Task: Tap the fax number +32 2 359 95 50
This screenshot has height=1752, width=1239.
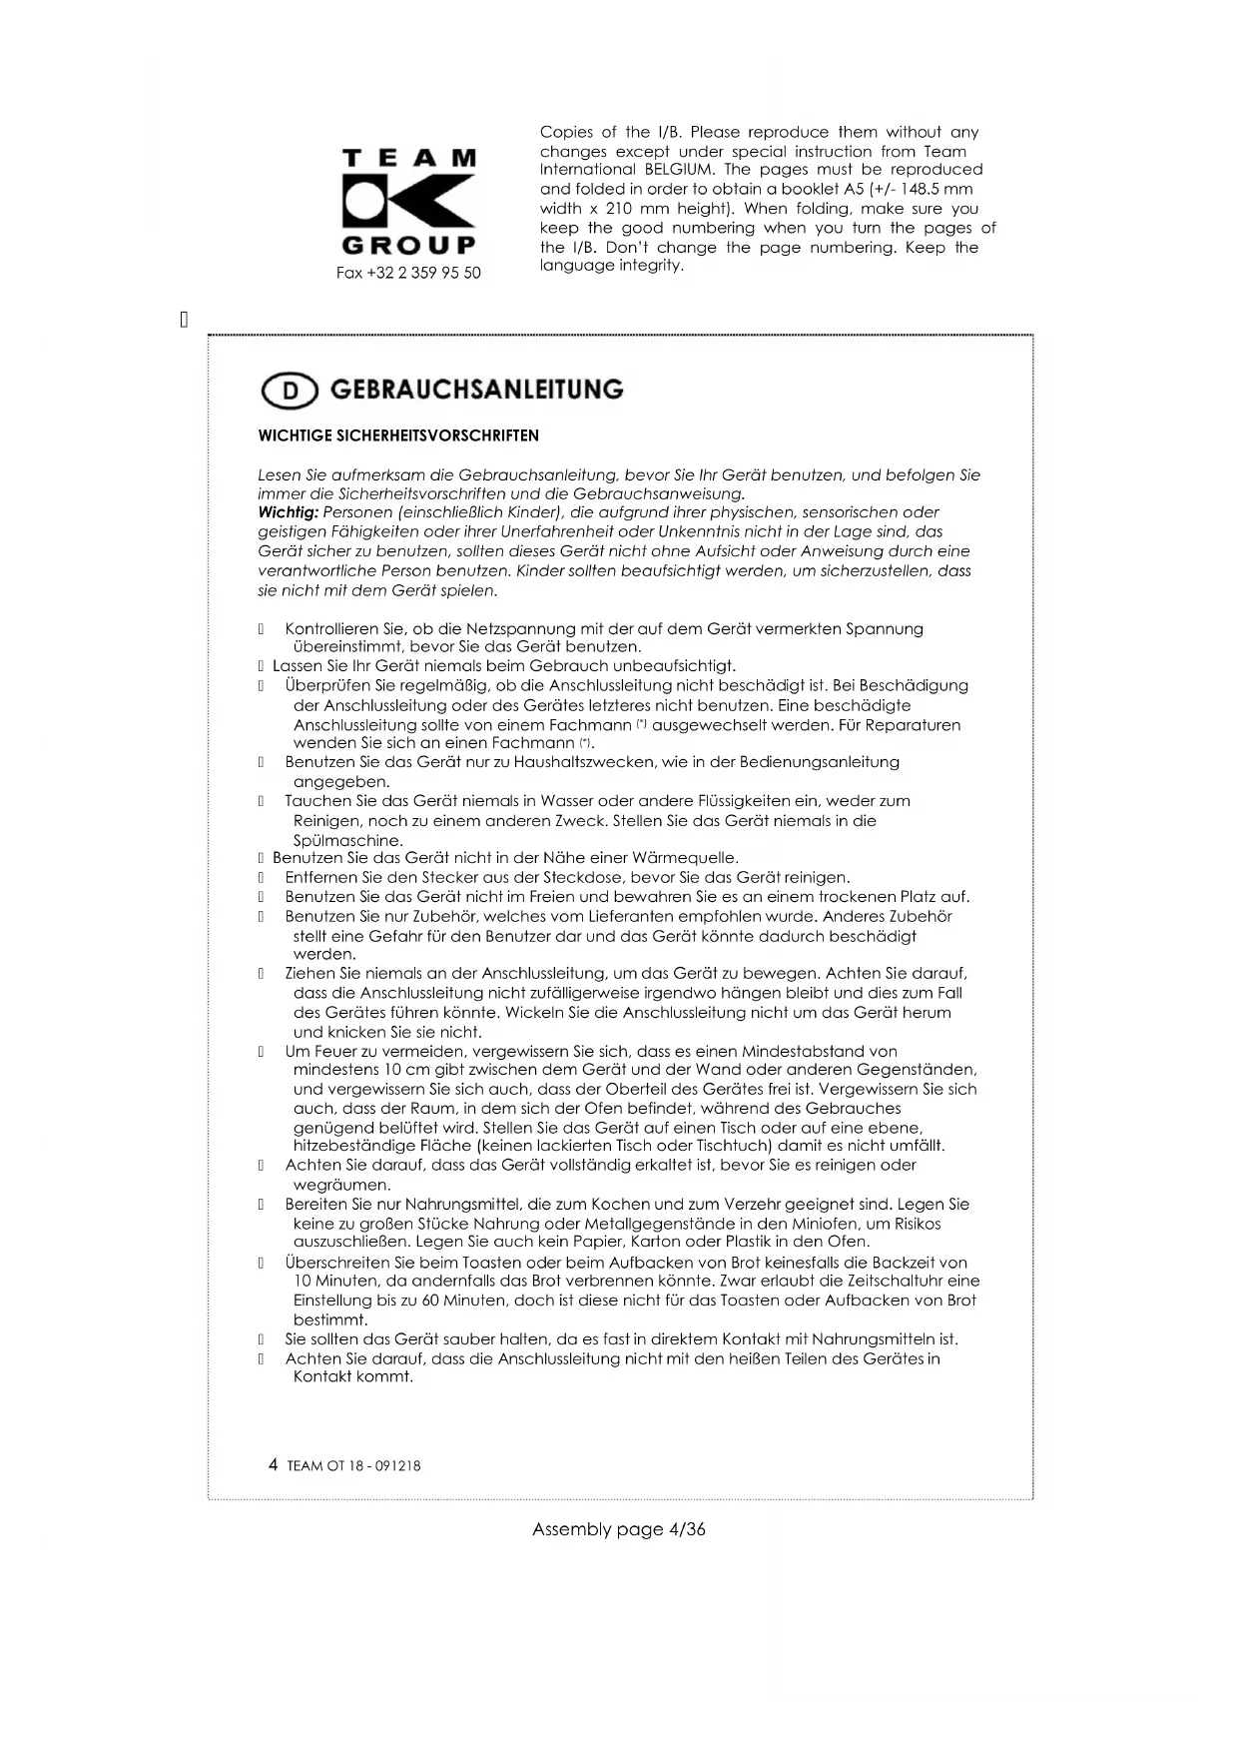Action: click(408, 273)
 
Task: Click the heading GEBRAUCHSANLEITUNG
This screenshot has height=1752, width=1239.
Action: click(476, 390)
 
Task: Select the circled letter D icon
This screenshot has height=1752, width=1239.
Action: click(290, 392)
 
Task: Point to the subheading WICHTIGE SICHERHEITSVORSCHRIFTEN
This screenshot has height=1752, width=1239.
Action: click(398, 436)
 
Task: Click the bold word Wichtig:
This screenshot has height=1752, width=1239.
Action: click(289, 512)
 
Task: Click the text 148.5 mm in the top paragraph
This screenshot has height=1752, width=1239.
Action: click(935, 189)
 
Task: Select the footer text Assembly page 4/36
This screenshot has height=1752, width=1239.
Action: click(618, 1529)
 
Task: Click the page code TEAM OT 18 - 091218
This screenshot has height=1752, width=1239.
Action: click(353, 1466)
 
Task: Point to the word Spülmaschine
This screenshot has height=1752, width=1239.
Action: click(347, 841)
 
